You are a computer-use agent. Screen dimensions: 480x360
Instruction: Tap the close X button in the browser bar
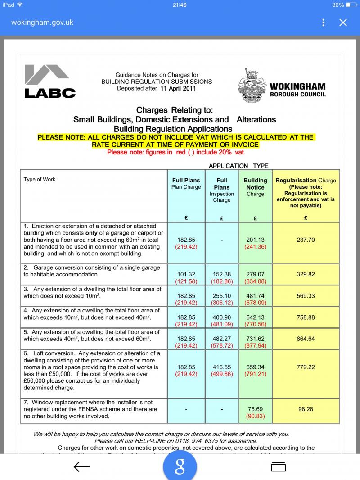[343, 23]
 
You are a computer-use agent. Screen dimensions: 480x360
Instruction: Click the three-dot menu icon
[323, 23]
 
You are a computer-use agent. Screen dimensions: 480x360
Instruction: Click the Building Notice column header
[255, 187]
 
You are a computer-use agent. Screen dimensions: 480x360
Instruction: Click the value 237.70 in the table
[306, 240]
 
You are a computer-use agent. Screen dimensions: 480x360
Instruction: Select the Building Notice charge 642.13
[255, 317]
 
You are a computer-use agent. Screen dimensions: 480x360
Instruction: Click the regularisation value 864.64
[306, 339]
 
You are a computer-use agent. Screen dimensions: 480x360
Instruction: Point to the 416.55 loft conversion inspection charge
[221, 367]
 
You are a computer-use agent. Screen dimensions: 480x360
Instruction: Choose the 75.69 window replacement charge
[255, 409]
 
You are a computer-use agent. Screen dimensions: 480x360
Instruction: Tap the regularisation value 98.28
[306, 409]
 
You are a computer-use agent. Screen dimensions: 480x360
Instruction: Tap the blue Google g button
[180, 467]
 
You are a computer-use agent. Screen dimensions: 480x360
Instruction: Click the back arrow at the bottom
[81, 467]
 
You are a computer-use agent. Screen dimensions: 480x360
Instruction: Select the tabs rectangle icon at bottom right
[279, 467]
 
